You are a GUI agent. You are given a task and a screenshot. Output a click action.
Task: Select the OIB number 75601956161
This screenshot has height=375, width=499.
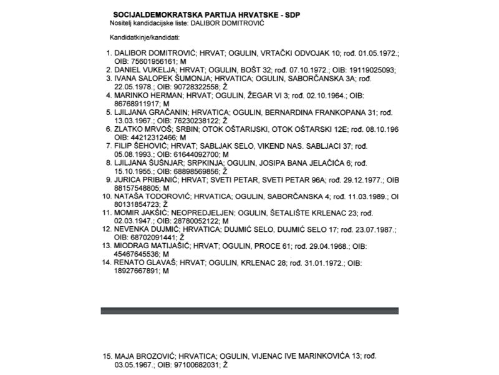tap(151, 62)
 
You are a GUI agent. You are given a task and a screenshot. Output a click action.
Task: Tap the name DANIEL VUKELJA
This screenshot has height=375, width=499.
tap(145, 71)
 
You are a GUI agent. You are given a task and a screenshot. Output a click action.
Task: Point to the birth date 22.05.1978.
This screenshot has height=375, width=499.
tap(135, 87)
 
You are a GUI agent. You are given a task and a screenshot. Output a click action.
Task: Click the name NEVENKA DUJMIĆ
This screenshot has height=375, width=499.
tap(147, 229)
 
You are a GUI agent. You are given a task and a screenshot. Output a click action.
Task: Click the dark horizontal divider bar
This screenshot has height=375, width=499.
tap(249, 311)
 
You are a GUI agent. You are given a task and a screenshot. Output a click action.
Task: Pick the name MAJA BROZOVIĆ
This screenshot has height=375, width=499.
tap(142, 356)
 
